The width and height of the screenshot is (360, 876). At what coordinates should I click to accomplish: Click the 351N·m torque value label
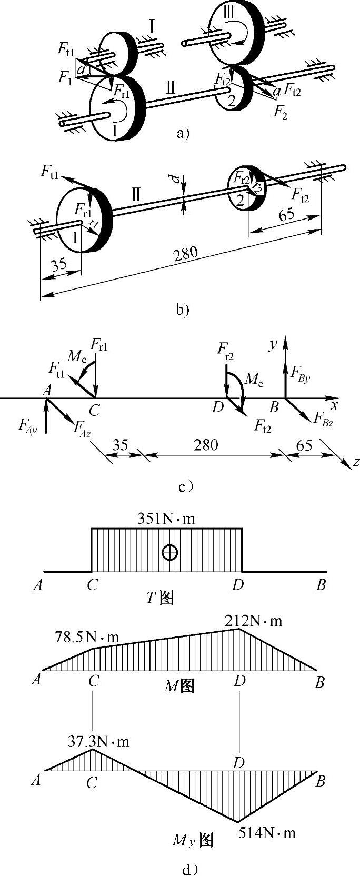[166, 519]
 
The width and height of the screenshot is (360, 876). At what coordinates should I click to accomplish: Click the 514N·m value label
[267, 833]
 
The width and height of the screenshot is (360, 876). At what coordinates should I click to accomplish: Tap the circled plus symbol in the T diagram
[169, 552]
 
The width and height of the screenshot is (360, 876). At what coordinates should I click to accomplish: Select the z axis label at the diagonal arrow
[356, 462]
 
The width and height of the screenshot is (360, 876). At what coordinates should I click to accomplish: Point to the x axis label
[334, 404]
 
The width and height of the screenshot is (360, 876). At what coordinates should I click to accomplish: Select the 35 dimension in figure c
[121, 445]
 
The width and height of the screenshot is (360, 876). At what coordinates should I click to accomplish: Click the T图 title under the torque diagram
[160, 598]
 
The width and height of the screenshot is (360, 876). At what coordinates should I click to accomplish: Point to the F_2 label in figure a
[281, 112]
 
